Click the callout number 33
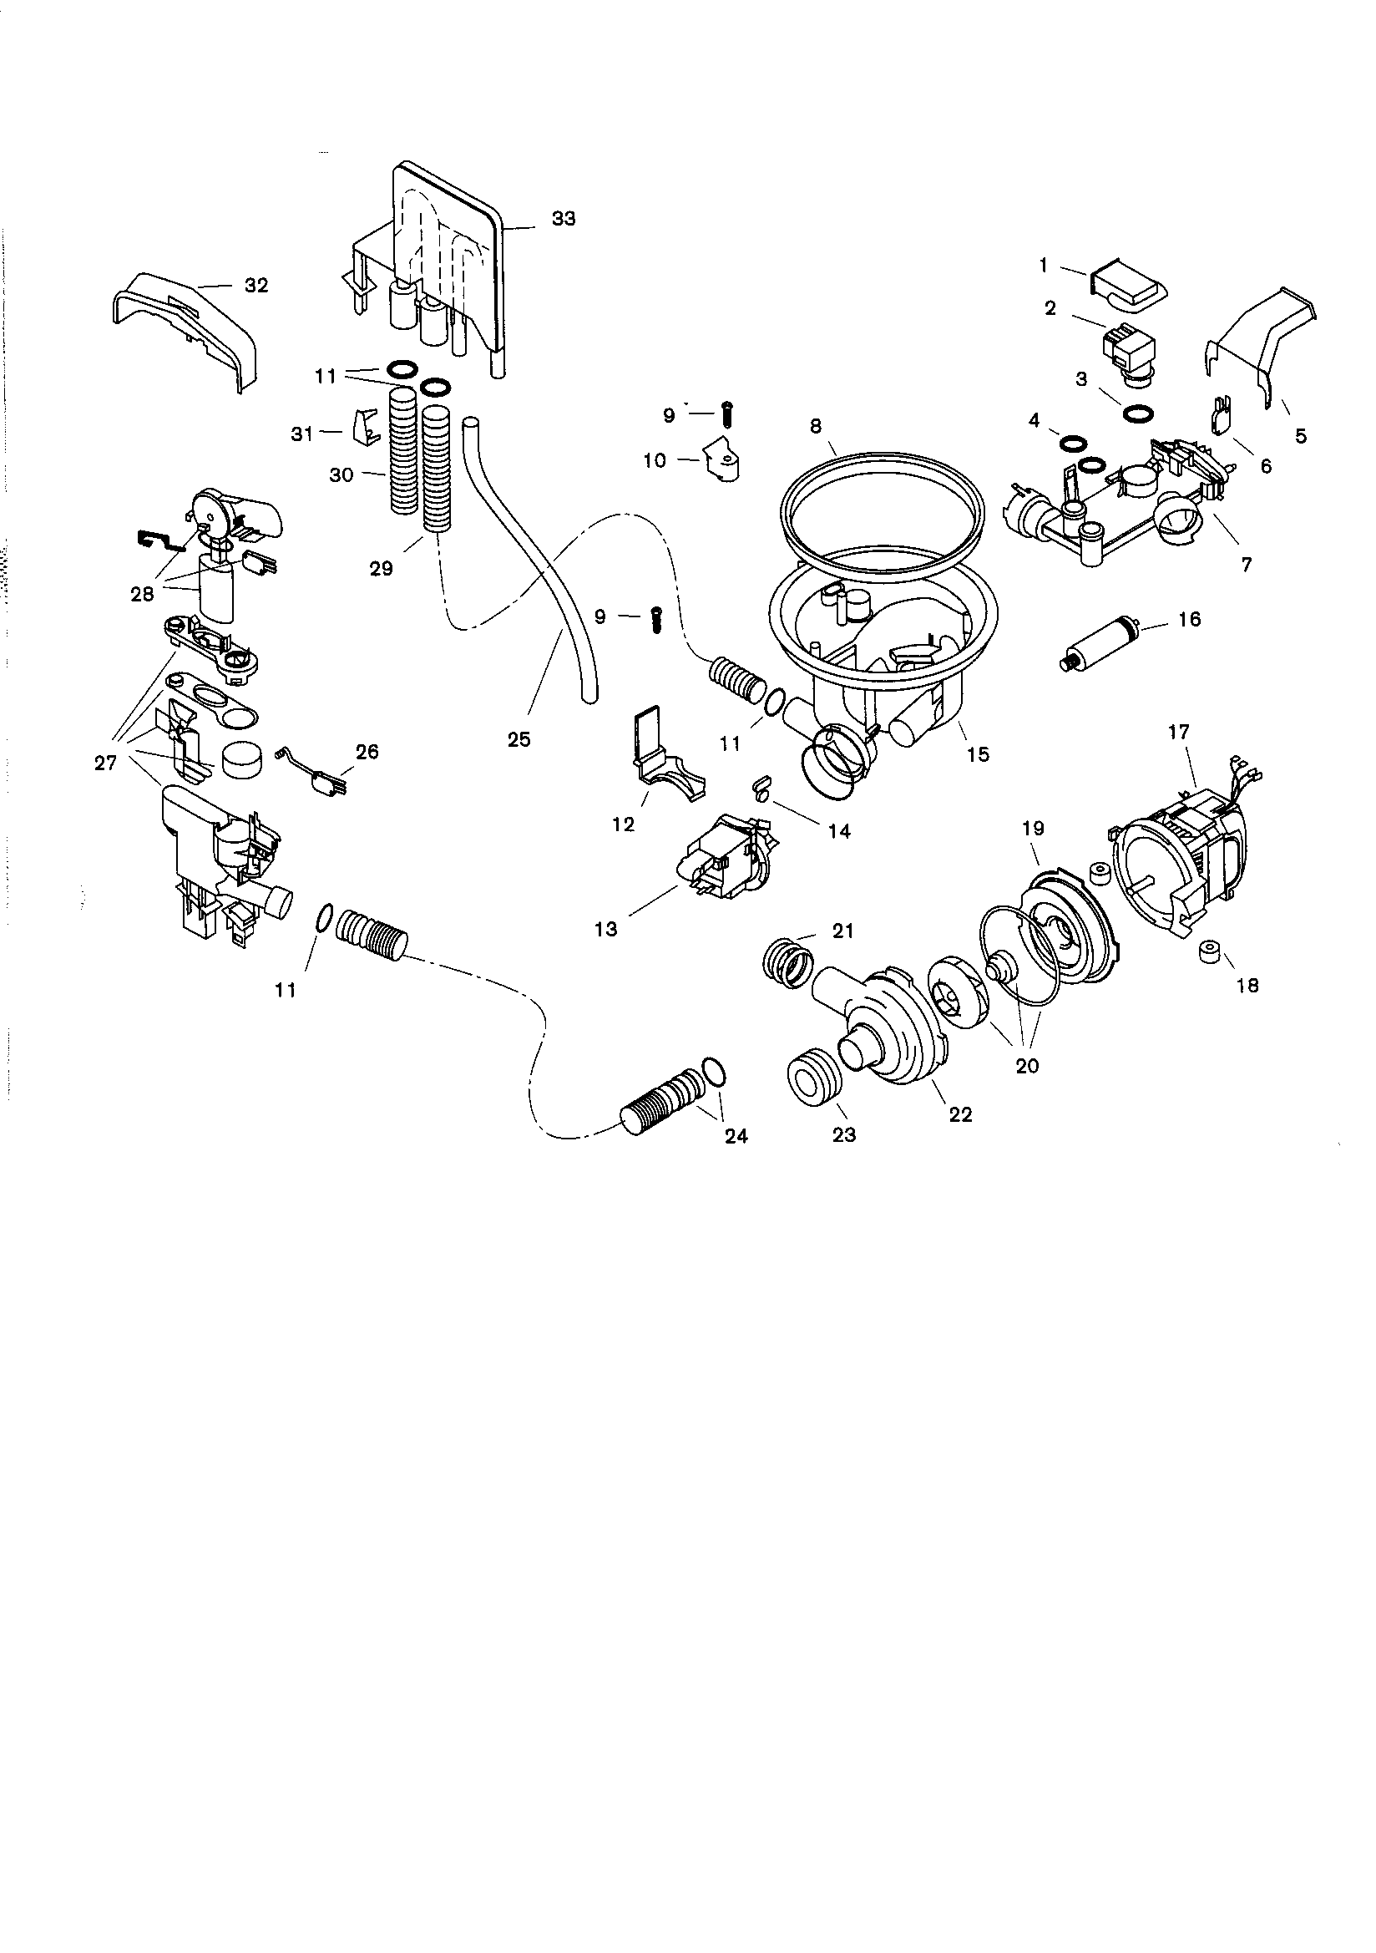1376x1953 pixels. point(563,219)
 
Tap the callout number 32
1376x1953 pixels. point(256,285)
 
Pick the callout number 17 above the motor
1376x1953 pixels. point(1179,732)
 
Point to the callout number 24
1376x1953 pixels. point(736,1135)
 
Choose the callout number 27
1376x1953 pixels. point(105,763)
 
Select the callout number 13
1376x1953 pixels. point(605,929)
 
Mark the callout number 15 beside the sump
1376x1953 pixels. point(978,753)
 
